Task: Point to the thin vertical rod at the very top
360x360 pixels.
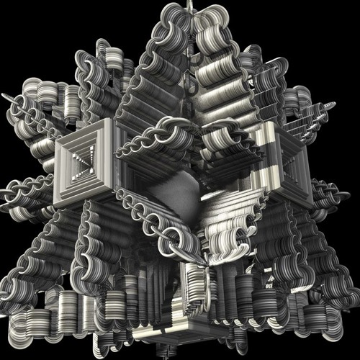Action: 191,6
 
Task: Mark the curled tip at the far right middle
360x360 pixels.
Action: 346,191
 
